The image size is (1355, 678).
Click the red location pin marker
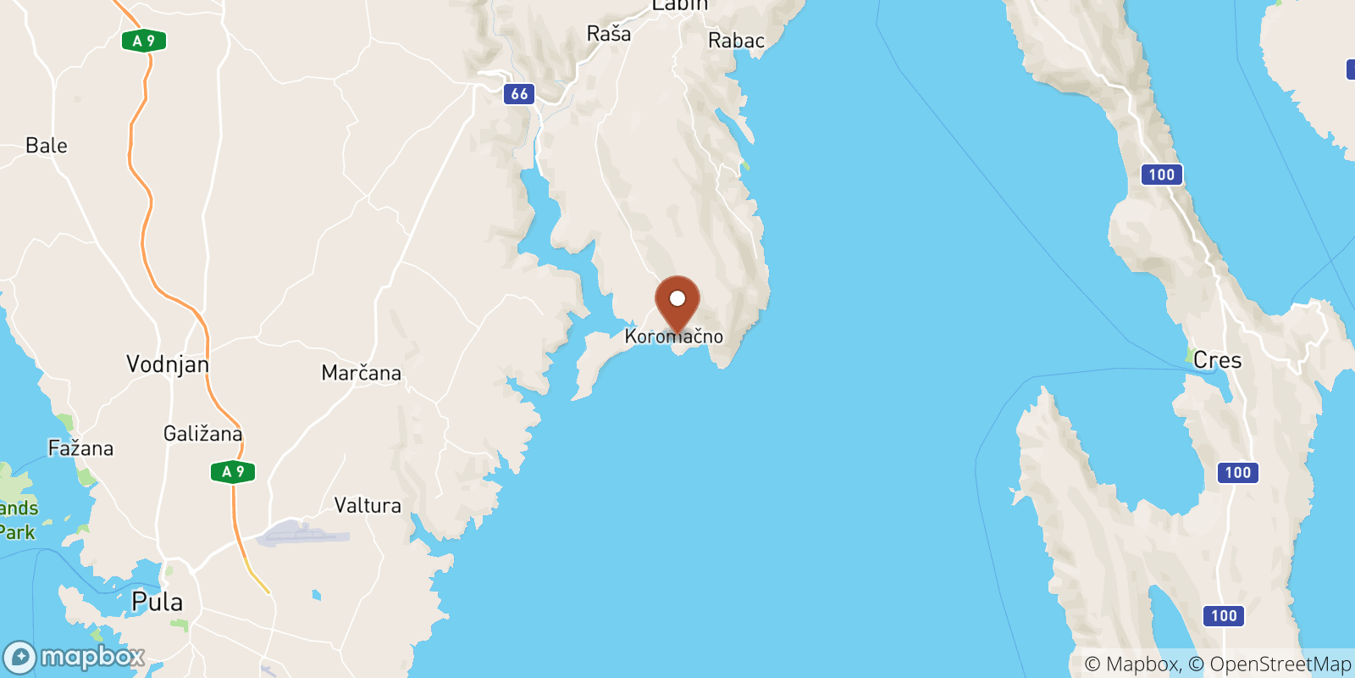coord(677,302)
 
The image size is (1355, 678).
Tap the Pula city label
coord(158,602)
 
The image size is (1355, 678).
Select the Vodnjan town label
coord(168,364)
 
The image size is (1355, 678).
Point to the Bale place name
coord(47,146)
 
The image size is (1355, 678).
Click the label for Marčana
coord(362,373)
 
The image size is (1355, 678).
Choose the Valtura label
coord(368,506)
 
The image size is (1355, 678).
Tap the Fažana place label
coord(80,448)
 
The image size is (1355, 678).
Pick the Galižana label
coord(203,434)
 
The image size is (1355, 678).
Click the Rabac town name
coord(736,41)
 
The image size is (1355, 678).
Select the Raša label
coord(609,34)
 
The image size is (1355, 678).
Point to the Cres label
coord(1218,360)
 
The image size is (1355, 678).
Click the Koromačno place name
coord(674,337)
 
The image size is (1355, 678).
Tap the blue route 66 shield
coord(520,94)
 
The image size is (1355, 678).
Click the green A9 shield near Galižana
coord(233,471)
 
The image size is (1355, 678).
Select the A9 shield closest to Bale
coord(144,41)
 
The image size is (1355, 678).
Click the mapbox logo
coord(75,657)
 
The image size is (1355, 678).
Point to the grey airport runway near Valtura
coord(302,534)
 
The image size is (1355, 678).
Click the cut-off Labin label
coord(679,5)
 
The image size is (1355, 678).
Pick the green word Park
coord(17,532)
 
